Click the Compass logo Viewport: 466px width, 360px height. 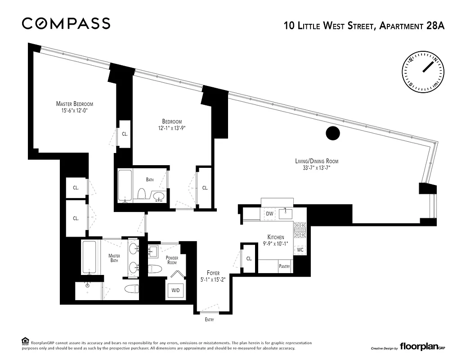[66, 23]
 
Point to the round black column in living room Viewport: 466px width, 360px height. [332, 133]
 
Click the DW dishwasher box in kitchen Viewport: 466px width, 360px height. [270, 213]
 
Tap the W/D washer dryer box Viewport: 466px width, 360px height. [175, 290]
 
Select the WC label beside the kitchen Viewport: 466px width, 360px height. [300, 249]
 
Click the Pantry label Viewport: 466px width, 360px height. [285, 266]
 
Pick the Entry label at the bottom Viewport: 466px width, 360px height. [209, 320]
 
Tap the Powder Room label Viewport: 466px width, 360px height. [171, 260]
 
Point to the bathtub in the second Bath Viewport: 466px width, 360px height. [125, 185]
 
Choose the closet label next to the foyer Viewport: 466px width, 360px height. [249, 258]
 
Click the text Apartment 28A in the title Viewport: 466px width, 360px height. [412, 26]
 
